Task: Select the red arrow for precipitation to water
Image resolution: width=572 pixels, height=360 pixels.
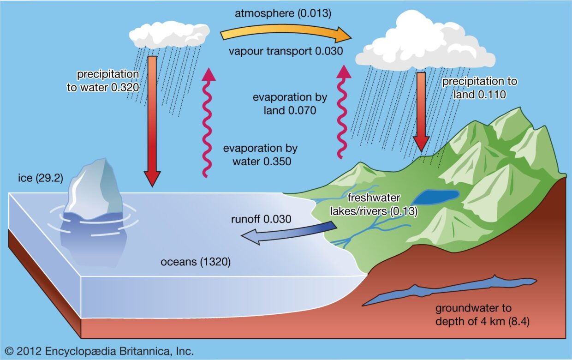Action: (x=152, y=120)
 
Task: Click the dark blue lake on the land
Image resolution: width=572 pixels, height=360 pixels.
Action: (x=435, y=197)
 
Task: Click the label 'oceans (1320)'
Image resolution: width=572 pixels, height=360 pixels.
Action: (x=195, y=262)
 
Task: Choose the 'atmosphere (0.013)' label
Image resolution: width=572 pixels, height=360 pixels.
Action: (x=283, y=13)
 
